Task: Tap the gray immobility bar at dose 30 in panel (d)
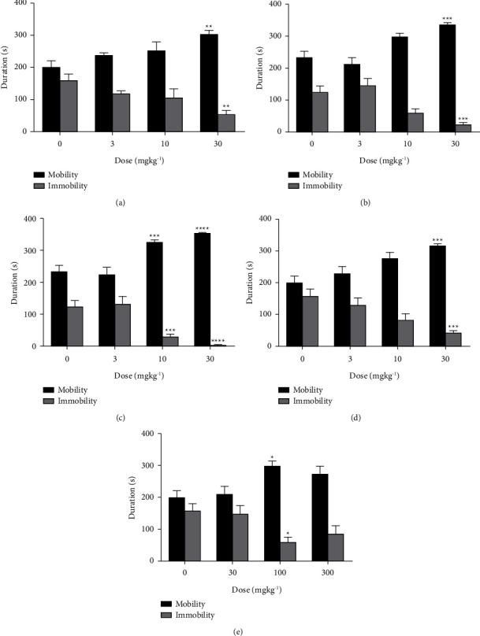(430, 339)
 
